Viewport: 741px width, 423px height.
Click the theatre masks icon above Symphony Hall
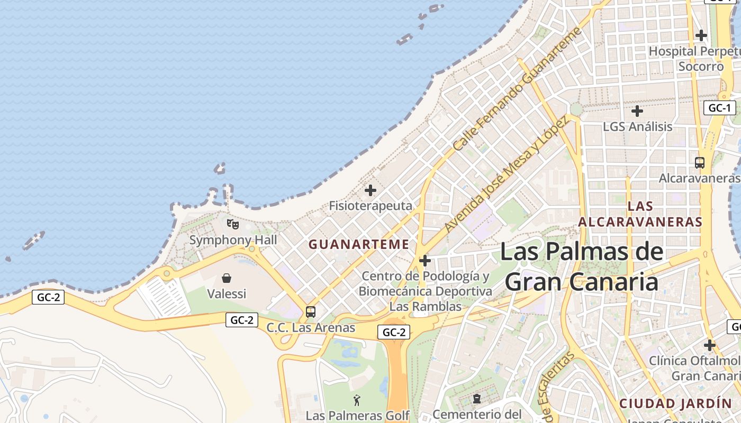(233, 224)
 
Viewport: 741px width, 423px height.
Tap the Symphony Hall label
(233, 240)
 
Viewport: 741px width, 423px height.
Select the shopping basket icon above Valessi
(227, 278)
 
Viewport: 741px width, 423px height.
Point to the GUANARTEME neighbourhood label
(359, 244)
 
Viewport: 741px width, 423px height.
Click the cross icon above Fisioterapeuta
(370, 190)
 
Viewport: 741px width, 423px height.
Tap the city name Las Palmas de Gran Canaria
(581, 266)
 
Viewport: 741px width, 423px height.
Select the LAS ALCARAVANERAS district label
(640, 214)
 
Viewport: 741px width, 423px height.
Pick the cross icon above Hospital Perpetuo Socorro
(701, 35)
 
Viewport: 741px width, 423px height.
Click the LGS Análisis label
(637, 127)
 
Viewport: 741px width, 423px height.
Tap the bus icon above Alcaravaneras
(700, 163)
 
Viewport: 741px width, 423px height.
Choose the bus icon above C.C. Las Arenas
(311, 312)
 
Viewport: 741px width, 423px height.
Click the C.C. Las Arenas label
(311, 328)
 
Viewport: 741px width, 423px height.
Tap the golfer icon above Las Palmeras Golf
(357, 400)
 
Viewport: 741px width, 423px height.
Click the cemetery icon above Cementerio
(477, 398)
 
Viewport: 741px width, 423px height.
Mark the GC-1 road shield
(719, 108)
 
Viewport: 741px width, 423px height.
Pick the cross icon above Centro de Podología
(424, 261)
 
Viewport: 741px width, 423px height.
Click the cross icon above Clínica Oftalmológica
(710, 345)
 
